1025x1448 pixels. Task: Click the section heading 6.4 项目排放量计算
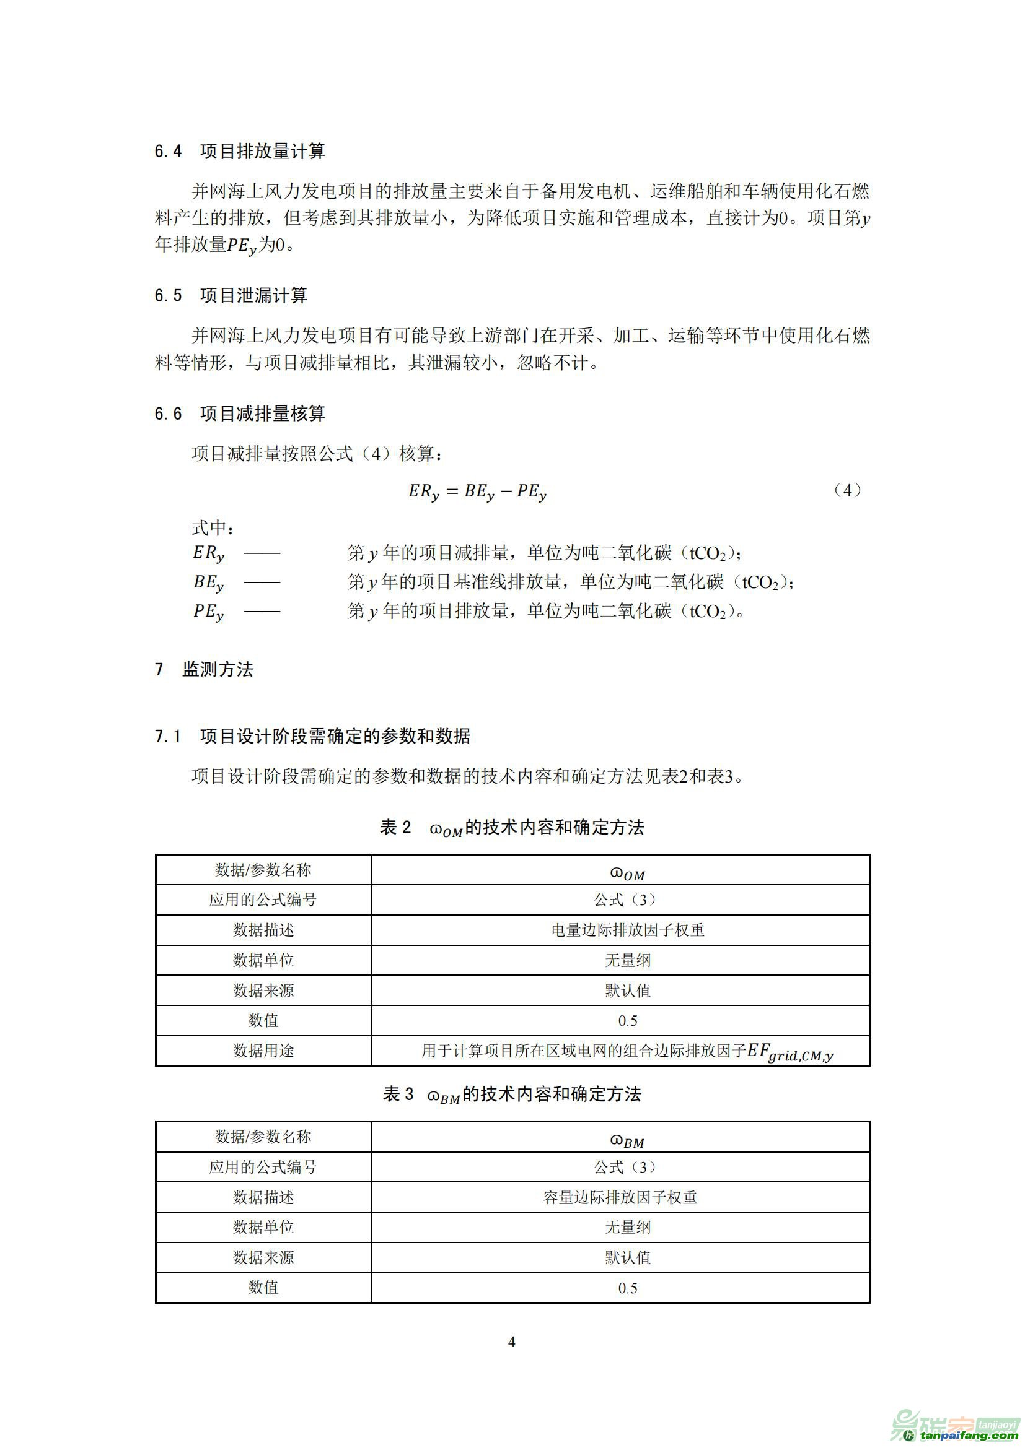(x=240, y=151)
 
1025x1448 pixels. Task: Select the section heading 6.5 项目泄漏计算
(x=231, y=296)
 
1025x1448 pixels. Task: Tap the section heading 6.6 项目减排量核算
(x=240, y=414)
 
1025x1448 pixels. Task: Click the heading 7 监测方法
(x=204, y=669)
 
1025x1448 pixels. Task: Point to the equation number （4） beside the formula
(x=847, y=491)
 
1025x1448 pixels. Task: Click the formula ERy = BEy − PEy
(x=477, y=492)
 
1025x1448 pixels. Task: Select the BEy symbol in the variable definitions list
(x=208, y=583)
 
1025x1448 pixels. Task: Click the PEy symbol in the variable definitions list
(x=208, y=612)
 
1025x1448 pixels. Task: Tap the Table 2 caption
(x=512, y=828)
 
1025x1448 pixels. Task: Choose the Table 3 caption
(x=512, y=1094)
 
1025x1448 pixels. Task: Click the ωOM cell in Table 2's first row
(x=627, y=872)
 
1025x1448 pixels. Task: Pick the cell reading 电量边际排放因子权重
(x=627, y=930)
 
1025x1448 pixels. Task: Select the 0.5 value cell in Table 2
(x=627, y=1020)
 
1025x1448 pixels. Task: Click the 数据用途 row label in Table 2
(x=263, y=1051)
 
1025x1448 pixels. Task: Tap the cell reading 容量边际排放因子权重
(x=620, y=1197)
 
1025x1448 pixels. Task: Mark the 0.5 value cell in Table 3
(x=627, y=1288)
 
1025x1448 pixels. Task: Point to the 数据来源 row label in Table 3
(x=263, y=1257)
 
